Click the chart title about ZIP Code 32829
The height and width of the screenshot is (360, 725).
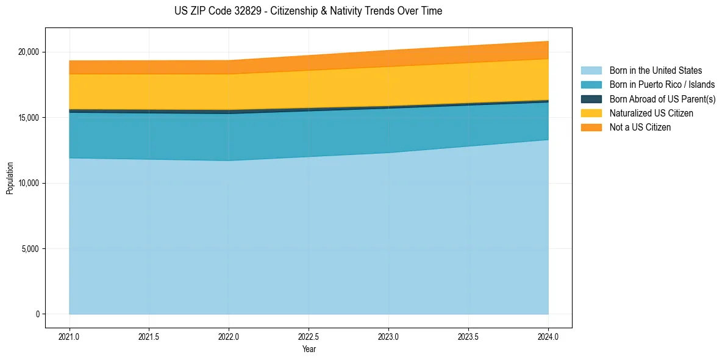click(308, 11)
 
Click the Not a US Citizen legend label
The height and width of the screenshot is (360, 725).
click(640, 128)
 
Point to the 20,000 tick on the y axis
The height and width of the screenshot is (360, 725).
click(28, 52)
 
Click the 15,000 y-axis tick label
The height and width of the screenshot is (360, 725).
click(28, 118)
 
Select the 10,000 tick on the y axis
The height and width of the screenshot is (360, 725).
click(28, 183)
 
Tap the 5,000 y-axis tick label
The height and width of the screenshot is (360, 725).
click(30, 249)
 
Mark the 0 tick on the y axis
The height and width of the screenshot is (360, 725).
click(37, 314)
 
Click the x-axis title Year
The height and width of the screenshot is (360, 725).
click(309, 350)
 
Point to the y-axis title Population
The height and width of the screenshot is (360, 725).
click(10, 178)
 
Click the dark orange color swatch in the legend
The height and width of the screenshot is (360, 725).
click(591, 128)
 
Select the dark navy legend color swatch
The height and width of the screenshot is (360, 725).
click(591, 99)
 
